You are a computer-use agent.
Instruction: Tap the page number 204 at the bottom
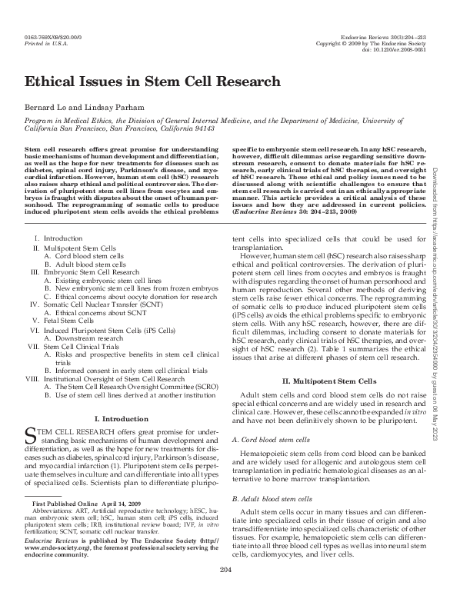[225, 590]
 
